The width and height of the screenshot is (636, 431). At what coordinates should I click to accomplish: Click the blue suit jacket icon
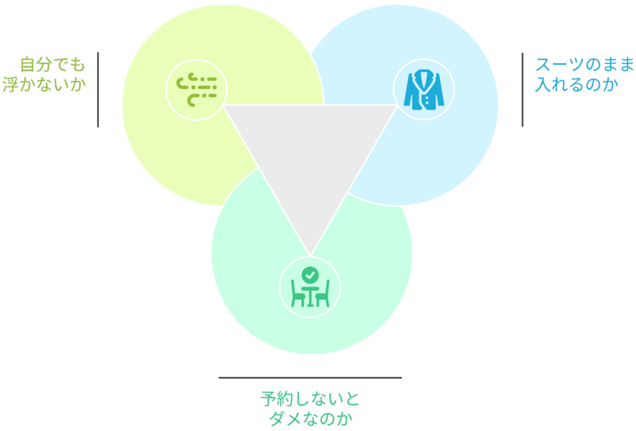pos(424,89)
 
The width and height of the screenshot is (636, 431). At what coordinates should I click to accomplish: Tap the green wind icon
pos(197,90)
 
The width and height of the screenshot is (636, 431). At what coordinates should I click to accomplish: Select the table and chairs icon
pos(310,287)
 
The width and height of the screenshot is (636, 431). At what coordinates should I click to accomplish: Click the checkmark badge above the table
pos(311,275)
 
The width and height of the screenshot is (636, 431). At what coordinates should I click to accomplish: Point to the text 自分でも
pos(53,65)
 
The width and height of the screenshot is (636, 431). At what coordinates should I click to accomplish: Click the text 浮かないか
pos(44,84)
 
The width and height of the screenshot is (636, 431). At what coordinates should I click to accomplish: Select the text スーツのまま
pos(584,65)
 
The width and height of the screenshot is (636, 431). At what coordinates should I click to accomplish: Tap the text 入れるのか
pos(576,84)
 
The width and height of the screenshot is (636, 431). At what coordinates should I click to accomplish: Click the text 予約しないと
pos(311,399)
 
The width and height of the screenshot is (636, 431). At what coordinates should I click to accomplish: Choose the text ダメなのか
pos(311,419)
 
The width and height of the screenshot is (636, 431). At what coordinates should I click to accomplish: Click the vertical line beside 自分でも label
pos(98,89)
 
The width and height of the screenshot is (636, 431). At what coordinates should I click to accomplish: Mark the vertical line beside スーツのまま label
pos(522,89)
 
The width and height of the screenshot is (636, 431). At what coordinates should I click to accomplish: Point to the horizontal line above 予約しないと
pos(311,378)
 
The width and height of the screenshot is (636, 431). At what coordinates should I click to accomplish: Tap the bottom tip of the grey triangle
pos(311,255)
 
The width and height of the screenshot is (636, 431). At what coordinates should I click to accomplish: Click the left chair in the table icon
pos(298,294)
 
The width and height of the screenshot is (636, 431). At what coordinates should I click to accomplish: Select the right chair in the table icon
pos(323,294)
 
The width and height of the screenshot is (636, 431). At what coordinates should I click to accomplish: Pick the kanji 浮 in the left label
pos(11,84)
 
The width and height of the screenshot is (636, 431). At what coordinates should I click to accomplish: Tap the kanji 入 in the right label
pos(543,84)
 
